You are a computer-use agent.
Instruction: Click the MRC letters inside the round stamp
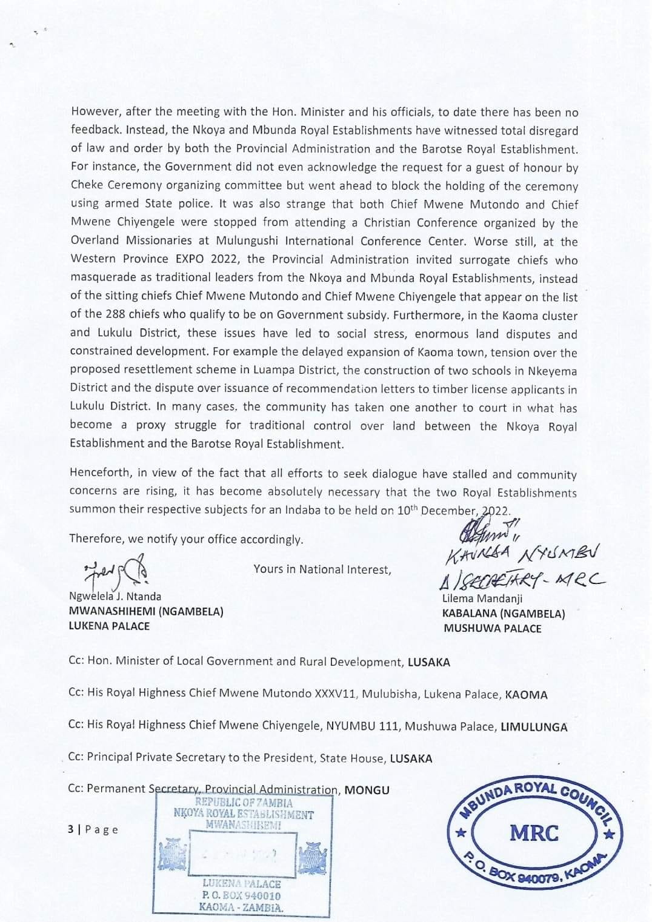pos(534,833)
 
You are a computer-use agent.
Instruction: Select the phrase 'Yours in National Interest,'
pos(322,569)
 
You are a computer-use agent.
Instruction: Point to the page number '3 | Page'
pos(93,829)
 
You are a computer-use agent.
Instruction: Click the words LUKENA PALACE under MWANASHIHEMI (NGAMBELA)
pos(109,626)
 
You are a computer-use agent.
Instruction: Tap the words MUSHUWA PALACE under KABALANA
pos(493,628)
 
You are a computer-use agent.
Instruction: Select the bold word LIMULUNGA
pos(534,727)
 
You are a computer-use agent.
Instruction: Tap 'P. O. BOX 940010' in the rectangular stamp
pos(241,895)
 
